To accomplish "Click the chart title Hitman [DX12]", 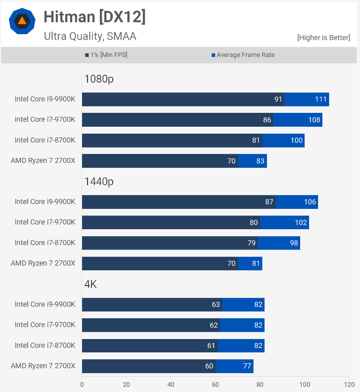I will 94,17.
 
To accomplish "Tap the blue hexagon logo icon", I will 22,21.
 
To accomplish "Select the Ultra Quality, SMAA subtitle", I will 90,36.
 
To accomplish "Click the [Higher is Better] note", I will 323,38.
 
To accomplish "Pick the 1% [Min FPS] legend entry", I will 106,55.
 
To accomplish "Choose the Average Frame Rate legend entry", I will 243,55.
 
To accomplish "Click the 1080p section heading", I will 99,79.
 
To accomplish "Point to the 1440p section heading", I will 99,182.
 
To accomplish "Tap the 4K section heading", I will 90,284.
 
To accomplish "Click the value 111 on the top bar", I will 321,99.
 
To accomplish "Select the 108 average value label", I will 315,120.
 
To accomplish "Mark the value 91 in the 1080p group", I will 278,99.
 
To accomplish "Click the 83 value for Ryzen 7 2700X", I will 261,161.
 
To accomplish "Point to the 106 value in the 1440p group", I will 310,202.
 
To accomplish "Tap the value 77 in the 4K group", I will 247,366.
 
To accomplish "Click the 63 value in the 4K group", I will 216,304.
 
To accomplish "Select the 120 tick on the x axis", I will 349,384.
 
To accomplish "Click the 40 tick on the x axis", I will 171,384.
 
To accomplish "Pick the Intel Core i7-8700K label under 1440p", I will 45,243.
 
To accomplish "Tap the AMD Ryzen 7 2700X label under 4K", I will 43,366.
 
